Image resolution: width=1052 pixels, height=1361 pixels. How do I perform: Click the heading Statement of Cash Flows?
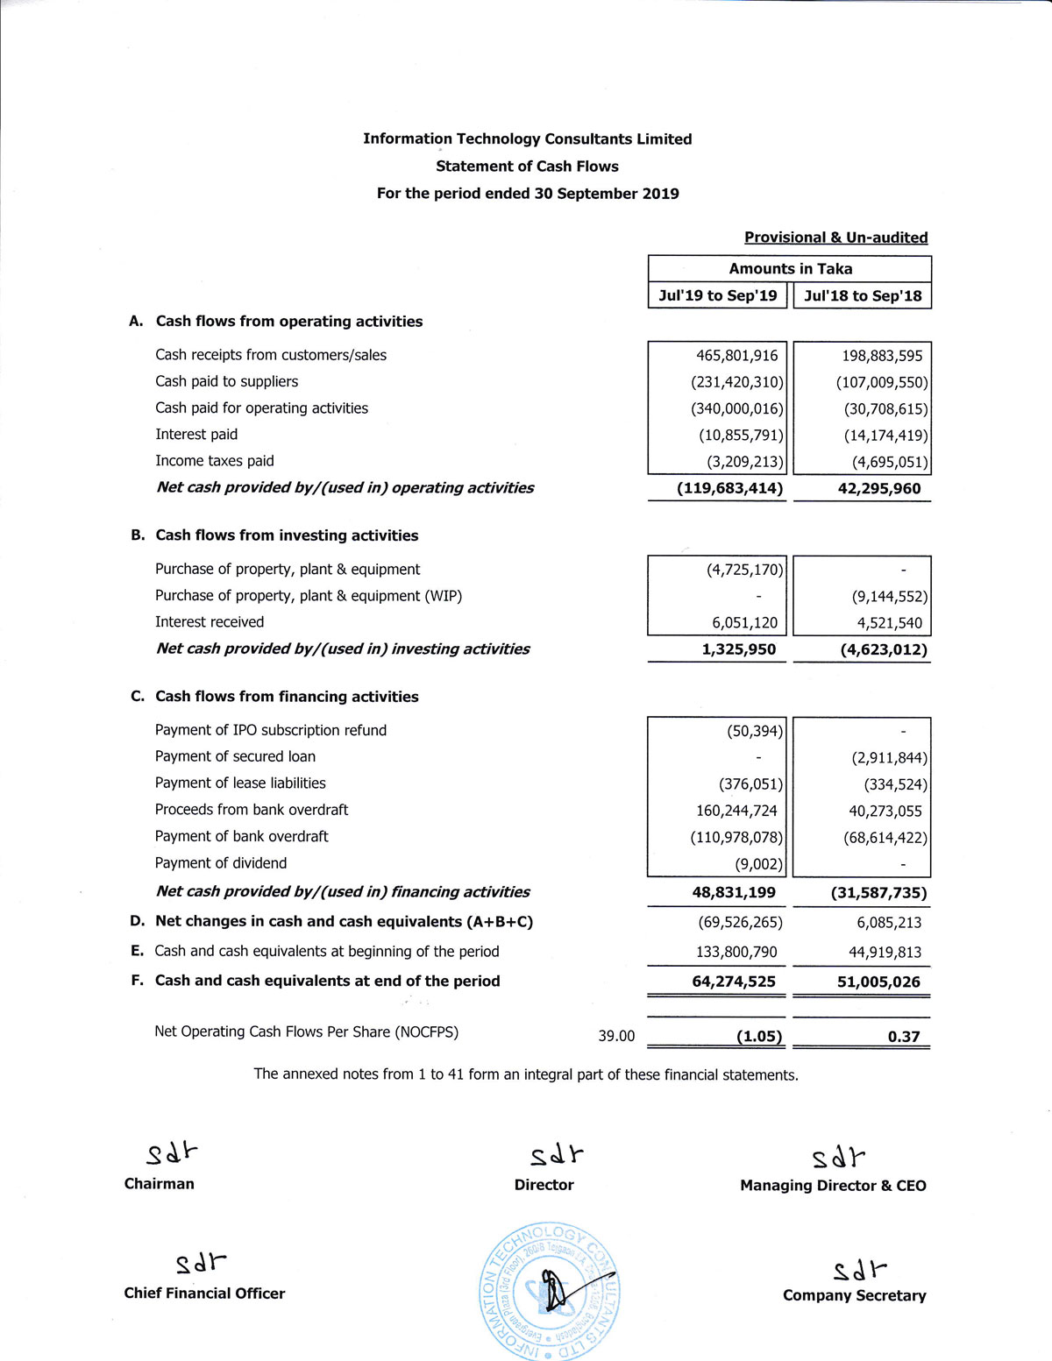(527, 167)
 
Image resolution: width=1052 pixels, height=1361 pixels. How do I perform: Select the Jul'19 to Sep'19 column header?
(717, 295)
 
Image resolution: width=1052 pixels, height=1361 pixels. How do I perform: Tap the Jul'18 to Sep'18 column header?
(863, 296)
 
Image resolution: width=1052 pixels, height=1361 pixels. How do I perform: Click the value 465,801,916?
(736, 356)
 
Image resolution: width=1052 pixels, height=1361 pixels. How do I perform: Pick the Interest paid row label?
(196, 435)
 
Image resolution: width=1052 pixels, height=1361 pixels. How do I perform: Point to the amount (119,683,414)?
(729, 488)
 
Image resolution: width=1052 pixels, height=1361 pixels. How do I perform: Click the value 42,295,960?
(878, 489)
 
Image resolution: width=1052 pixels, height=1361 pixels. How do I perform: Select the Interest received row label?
(210, 622)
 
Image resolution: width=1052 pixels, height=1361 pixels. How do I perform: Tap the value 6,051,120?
(744, 623)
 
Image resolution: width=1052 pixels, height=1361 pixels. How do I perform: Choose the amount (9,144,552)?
(889, 597)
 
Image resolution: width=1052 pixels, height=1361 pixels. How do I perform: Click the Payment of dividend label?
(221, 863)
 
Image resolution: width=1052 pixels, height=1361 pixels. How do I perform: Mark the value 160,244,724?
(736, 812)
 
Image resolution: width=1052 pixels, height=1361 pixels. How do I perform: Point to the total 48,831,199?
(734, 893)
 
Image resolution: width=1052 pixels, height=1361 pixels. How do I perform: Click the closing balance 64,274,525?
(734, 982)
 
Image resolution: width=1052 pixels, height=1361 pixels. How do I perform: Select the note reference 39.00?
(616, 1036)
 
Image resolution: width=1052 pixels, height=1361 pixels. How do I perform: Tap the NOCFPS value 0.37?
(903, 1037)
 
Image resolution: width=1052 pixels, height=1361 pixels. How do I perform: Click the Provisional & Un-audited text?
(835, 237)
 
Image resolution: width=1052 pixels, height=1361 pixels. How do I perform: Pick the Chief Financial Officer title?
(204, 1294)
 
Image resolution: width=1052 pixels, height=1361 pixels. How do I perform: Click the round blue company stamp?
(551, 1290)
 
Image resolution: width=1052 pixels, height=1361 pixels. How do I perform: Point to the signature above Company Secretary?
(859, 1269)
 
